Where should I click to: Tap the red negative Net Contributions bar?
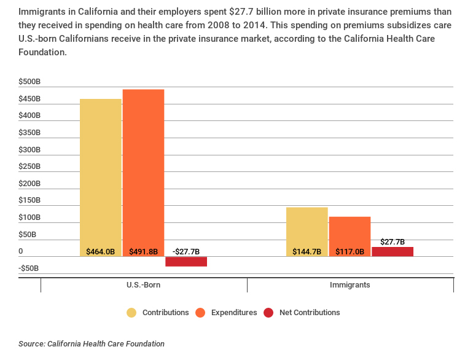click(186, 262)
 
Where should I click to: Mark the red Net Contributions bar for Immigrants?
click(393, 252)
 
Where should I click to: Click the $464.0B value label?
click(101, 251)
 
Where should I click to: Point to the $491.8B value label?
click(143, 251)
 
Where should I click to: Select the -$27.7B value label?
click(186, 251)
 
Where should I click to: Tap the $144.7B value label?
click(307, 251)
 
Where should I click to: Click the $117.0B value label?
click(350, 251)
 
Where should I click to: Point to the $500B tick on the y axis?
click(29, 82)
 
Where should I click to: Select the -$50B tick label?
click(29, 268)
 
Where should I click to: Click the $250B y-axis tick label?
click(29, 166)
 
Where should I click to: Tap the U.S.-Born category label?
click(144, 286)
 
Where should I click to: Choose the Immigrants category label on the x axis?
click(350, 286)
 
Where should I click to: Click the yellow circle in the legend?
click(131, 313)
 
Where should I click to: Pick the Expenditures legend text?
click(234, 313)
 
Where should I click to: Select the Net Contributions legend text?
click(310, 313)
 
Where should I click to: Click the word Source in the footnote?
click(31, 344)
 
